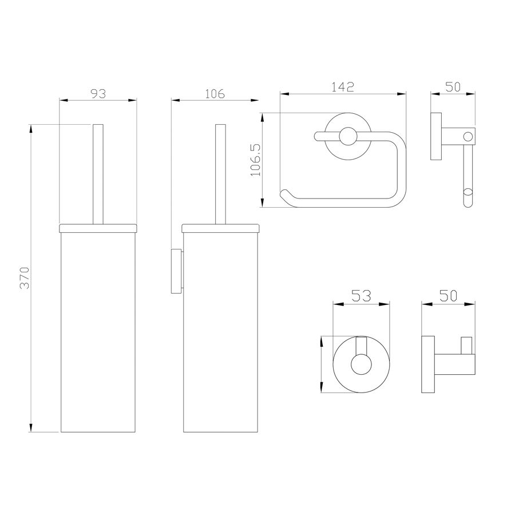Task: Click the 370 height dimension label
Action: pos(25,278)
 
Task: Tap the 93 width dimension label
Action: pos(98,94)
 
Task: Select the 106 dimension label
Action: pos(215,94)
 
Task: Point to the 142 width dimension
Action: pos(343,87)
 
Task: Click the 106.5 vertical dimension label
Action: pos(256,160)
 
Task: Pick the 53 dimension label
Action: pos(361,296)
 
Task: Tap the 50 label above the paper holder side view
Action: pos(453,87)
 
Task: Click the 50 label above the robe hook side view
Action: pos(448,296)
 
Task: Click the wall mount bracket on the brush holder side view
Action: pos(176,272)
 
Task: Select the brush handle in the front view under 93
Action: pos(98,174)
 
